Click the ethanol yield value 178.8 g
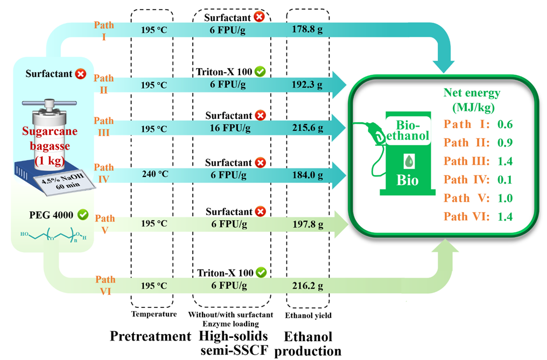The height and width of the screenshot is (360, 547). [307, 29]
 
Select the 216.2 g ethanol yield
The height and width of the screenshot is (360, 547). [307, 285]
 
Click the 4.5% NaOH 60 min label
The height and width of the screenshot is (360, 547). [59, 180]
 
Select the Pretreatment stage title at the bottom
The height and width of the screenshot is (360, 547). [150, 337]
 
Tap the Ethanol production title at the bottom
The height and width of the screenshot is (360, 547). [308, 344]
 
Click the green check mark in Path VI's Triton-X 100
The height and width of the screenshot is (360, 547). [261, 272]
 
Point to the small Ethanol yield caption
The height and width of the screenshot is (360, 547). [308, 315]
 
